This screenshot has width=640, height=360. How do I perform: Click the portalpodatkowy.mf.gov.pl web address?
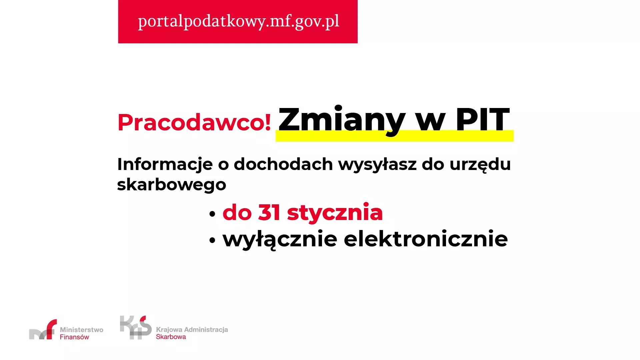pyautogui.click(x=239, y=21)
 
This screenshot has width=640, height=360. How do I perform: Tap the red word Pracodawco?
pyautogui.click(x=194, y=122)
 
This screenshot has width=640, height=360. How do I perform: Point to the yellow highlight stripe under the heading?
pyautogui.click(x=394, y=136)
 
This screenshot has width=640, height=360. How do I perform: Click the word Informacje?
pyautogui.click(x=165, y=165)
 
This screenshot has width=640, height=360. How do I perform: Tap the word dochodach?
pyautogui.click(x=283, y=164)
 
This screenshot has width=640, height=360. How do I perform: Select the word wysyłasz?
pyautogui.click(x=377, y=165)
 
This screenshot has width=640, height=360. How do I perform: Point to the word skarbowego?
pyautogui.click(x=172, y=184)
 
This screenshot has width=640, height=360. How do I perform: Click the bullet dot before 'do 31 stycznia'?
pyautogui.click(x=212, y=214)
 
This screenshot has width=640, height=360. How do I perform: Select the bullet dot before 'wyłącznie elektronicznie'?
pyautogui.click(x=212, y=241)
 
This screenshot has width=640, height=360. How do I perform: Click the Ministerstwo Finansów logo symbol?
pyautogui.click(x=43, y=329)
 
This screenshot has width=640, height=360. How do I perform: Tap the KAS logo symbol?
pyautogui.click(x=136, y=328)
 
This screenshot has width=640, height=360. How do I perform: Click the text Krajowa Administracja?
pyautogui.click(x=192, y=330)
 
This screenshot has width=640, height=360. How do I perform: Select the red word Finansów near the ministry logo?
pyautogui.click(x=74, y=337)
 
